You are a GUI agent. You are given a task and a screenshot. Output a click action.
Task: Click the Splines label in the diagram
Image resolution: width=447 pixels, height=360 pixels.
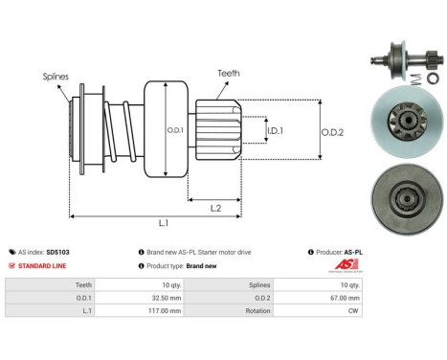(x=54, y=75)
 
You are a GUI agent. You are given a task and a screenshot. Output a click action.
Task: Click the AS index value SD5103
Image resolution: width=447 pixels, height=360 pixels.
(x=57, y=252)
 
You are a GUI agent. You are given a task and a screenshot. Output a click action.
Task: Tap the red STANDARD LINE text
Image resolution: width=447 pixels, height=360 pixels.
(x=42, y=265)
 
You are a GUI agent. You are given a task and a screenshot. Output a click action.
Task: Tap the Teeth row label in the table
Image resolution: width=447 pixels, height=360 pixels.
(x=83, y=284)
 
